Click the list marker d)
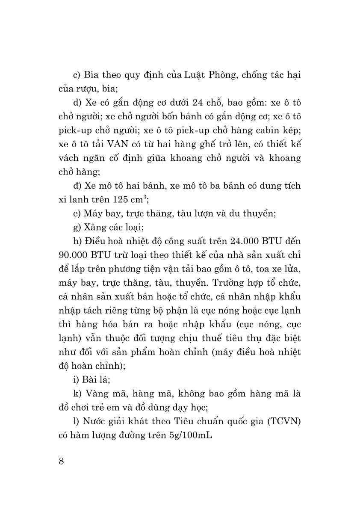[x=77, y=103]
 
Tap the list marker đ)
[x=77, y=185]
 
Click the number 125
[x=122, y=199]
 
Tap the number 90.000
[x=72, y=254]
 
